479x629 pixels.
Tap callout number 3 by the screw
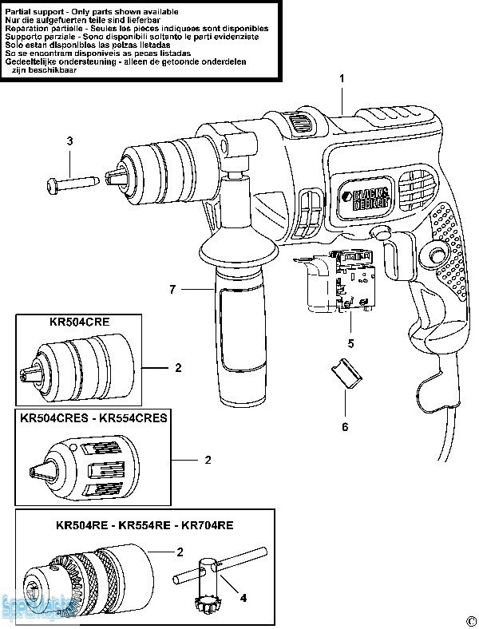[69, 141]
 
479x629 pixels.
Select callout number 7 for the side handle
[172, 289]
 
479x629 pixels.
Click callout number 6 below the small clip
[345, 426]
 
